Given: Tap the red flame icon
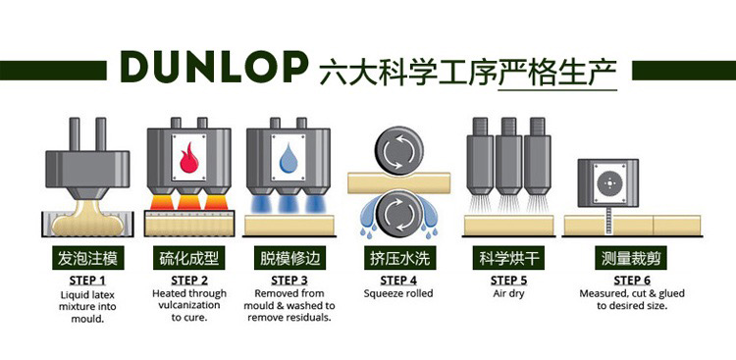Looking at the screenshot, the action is (x=188, y=158).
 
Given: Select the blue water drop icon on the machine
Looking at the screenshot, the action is (x=289, y=158).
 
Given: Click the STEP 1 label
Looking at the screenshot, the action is (x=87, y=281).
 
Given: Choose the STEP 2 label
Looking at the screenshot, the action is (x=189, y=281).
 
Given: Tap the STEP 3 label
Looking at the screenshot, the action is (x=289, y=281).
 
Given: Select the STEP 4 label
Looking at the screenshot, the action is (x=398, y=281).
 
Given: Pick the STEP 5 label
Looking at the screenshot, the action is (x=508, y=281).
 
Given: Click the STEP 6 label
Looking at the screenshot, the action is (x=632, y=281).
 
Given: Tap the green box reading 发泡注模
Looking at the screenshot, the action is (x=87, y=258).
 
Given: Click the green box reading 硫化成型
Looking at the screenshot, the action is (x=188, y=258).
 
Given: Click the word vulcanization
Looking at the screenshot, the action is (x=189, y=305).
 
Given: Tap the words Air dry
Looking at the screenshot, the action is (x=508, y=294).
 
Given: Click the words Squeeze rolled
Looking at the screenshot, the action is (x=398, y=294).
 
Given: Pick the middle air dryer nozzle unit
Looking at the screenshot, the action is (x=508, y=158).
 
